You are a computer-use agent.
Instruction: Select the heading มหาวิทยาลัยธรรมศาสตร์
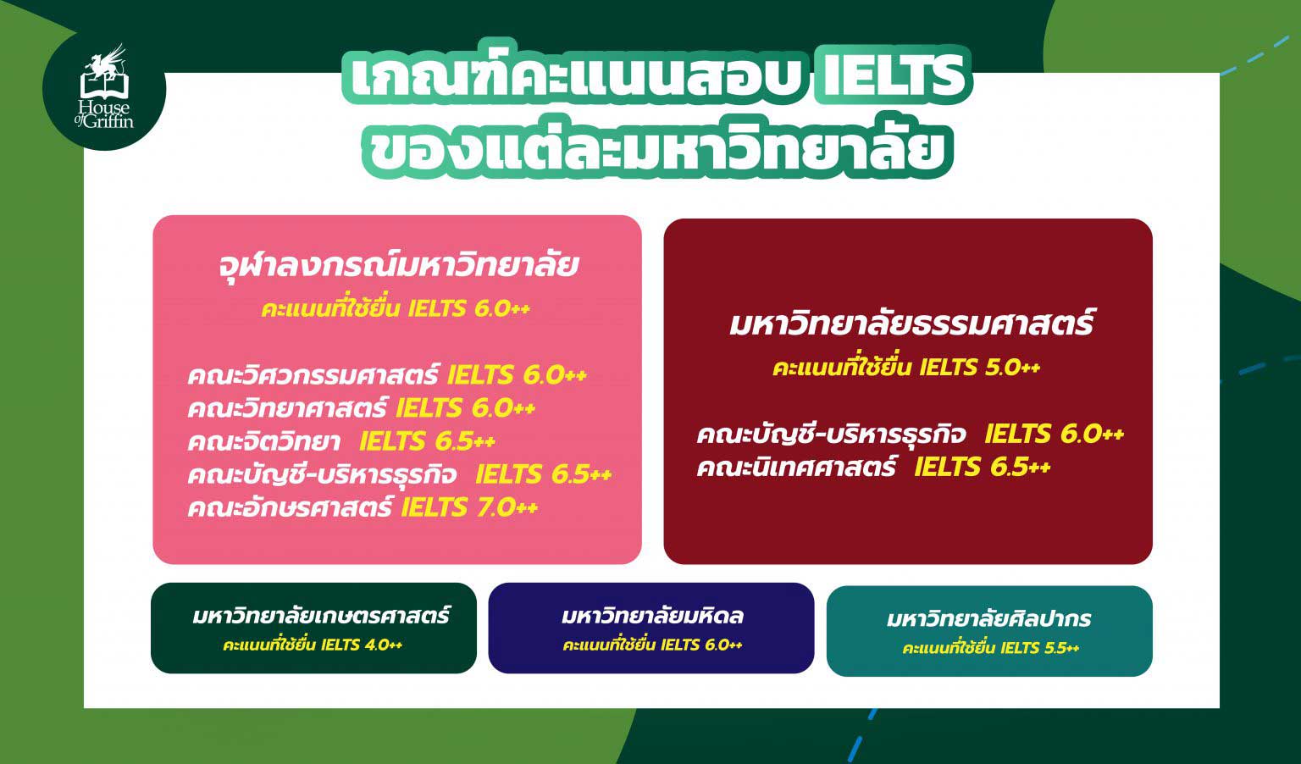912,323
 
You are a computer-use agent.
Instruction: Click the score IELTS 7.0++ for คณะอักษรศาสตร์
469,508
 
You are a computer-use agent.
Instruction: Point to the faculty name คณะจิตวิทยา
264,441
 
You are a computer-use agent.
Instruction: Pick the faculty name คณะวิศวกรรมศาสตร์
313,374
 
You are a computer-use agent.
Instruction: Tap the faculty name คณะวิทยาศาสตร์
287,408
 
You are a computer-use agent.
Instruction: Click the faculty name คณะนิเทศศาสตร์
796,467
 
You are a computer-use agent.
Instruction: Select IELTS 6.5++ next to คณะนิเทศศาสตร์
983,467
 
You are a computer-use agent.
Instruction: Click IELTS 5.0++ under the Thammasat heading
980,368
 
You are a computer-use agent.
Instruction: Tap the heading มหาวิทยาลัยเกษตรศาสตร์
321,616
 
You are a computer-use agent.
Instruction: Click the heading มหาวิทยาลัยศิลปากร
989,619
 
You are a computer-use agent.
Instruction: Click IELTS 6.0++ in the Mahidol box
701,645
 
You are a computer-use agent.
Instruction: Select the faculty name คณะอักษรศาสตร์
290,508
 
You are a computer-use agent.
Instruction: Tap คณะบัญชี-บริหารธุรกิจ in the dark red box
831,434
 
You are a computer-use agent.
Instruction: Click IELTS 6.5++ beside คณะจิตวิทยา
428,441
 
